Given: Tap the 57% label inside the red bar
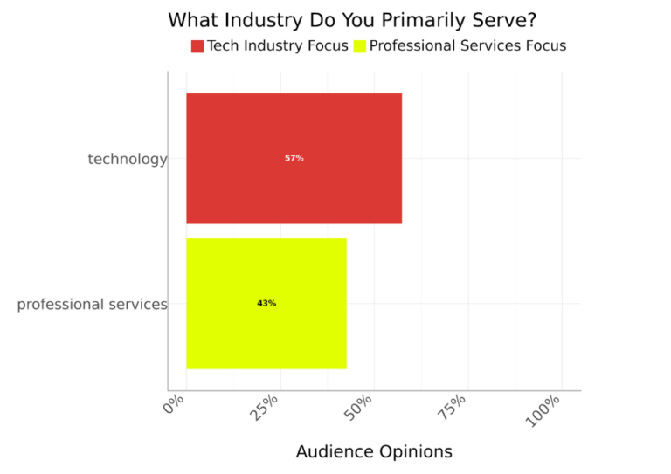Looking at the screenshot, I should (294, 158).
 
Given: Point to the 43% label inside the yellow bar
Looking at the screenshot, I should (266, 304).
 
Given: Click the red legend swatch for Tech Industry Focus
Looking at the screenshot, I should (197, 46).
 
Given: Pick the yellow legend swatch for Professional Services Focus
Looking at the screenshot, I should (360, 46).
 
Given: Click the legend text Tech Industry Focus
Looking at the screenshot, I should (277, 46).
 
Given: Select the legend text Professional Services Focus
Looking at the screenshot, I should (467, 46).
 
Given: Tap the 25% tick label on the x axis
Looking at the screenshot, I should (266, 409).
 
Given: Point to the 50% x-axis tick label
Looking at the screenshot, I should (360, 409).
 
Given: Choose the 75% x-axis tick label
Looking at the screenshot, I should (454, 409).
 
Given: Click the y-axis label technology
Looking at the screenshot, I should (127, 159).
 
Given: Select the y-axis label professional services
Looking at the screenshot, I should (92, 305).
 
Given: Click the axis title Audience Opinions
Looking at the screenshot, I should (374, 451).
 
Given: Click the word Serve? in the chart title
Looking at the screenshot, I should (501, 20).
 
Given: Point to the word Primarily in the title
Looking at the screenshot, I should (419, 20).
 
